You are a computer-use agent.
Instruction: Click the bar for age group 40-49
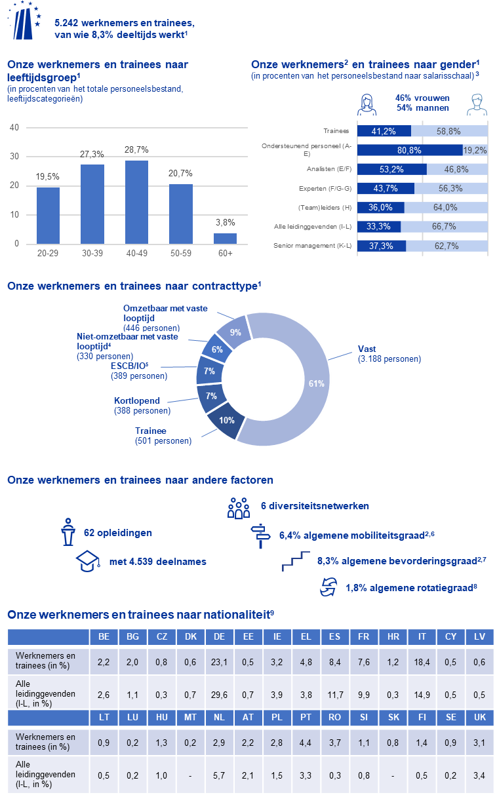(x=136, y=202)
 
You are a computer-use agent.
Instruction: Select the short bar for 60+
(x=226, y=238)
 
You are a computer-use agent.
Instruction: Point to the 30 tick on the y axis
(x=14, y=157)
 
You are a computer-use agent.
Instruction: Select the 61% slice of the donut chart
(x=308, y=380)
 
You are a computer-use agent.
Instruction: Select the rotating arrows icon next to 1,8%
(x=326, y=587)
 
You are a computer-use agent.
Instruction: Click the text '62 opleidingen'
(x=118, y=533)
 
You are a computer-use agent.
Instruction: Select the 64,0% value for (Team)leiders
(x=445, y=207)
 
